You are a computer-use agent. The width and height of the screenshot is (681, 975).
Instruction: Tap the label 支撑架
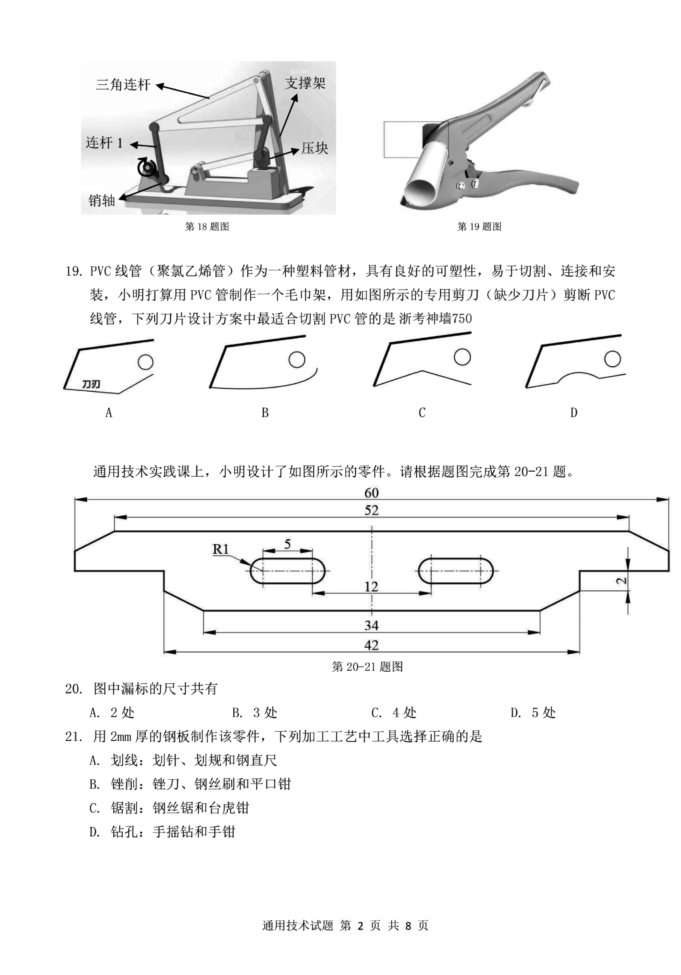pos(305,83)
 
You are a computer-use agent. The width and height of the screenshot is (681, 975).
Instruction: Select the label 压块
pos(315,148)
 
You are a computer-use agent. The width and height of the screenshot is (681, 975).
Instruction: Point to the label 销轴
pos(102,200)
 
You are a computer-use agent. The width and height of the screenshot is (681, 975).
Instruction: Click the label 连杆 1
pos(104,143)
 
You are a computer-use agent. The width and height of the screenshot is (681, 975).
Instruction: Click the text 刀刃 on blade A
pos(91,384)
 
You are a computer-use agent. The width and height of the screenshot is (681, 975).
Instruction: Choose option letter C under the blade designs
pos(422,412)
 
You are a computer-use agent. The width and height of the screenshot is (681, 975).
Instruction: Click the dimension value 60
pos(372,493)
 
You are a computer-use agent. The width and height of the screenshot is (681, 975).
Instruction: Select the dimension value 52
pos(372,510)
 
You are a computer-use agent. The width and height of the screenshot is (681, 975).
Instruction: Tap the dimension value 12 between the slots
pos(371,587)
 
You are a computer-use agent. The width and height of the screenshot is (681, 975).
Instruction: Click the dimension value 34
pos(372,625)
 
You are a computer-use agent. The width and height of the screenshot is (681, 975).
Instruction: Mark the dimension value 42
pos(372,645)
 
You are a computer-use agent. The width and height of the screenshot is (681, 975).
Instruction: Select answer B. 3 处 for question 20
pos(254,713)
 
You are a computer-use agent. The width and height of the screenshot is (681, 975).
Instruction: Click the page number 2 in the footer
pos(360,926)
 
